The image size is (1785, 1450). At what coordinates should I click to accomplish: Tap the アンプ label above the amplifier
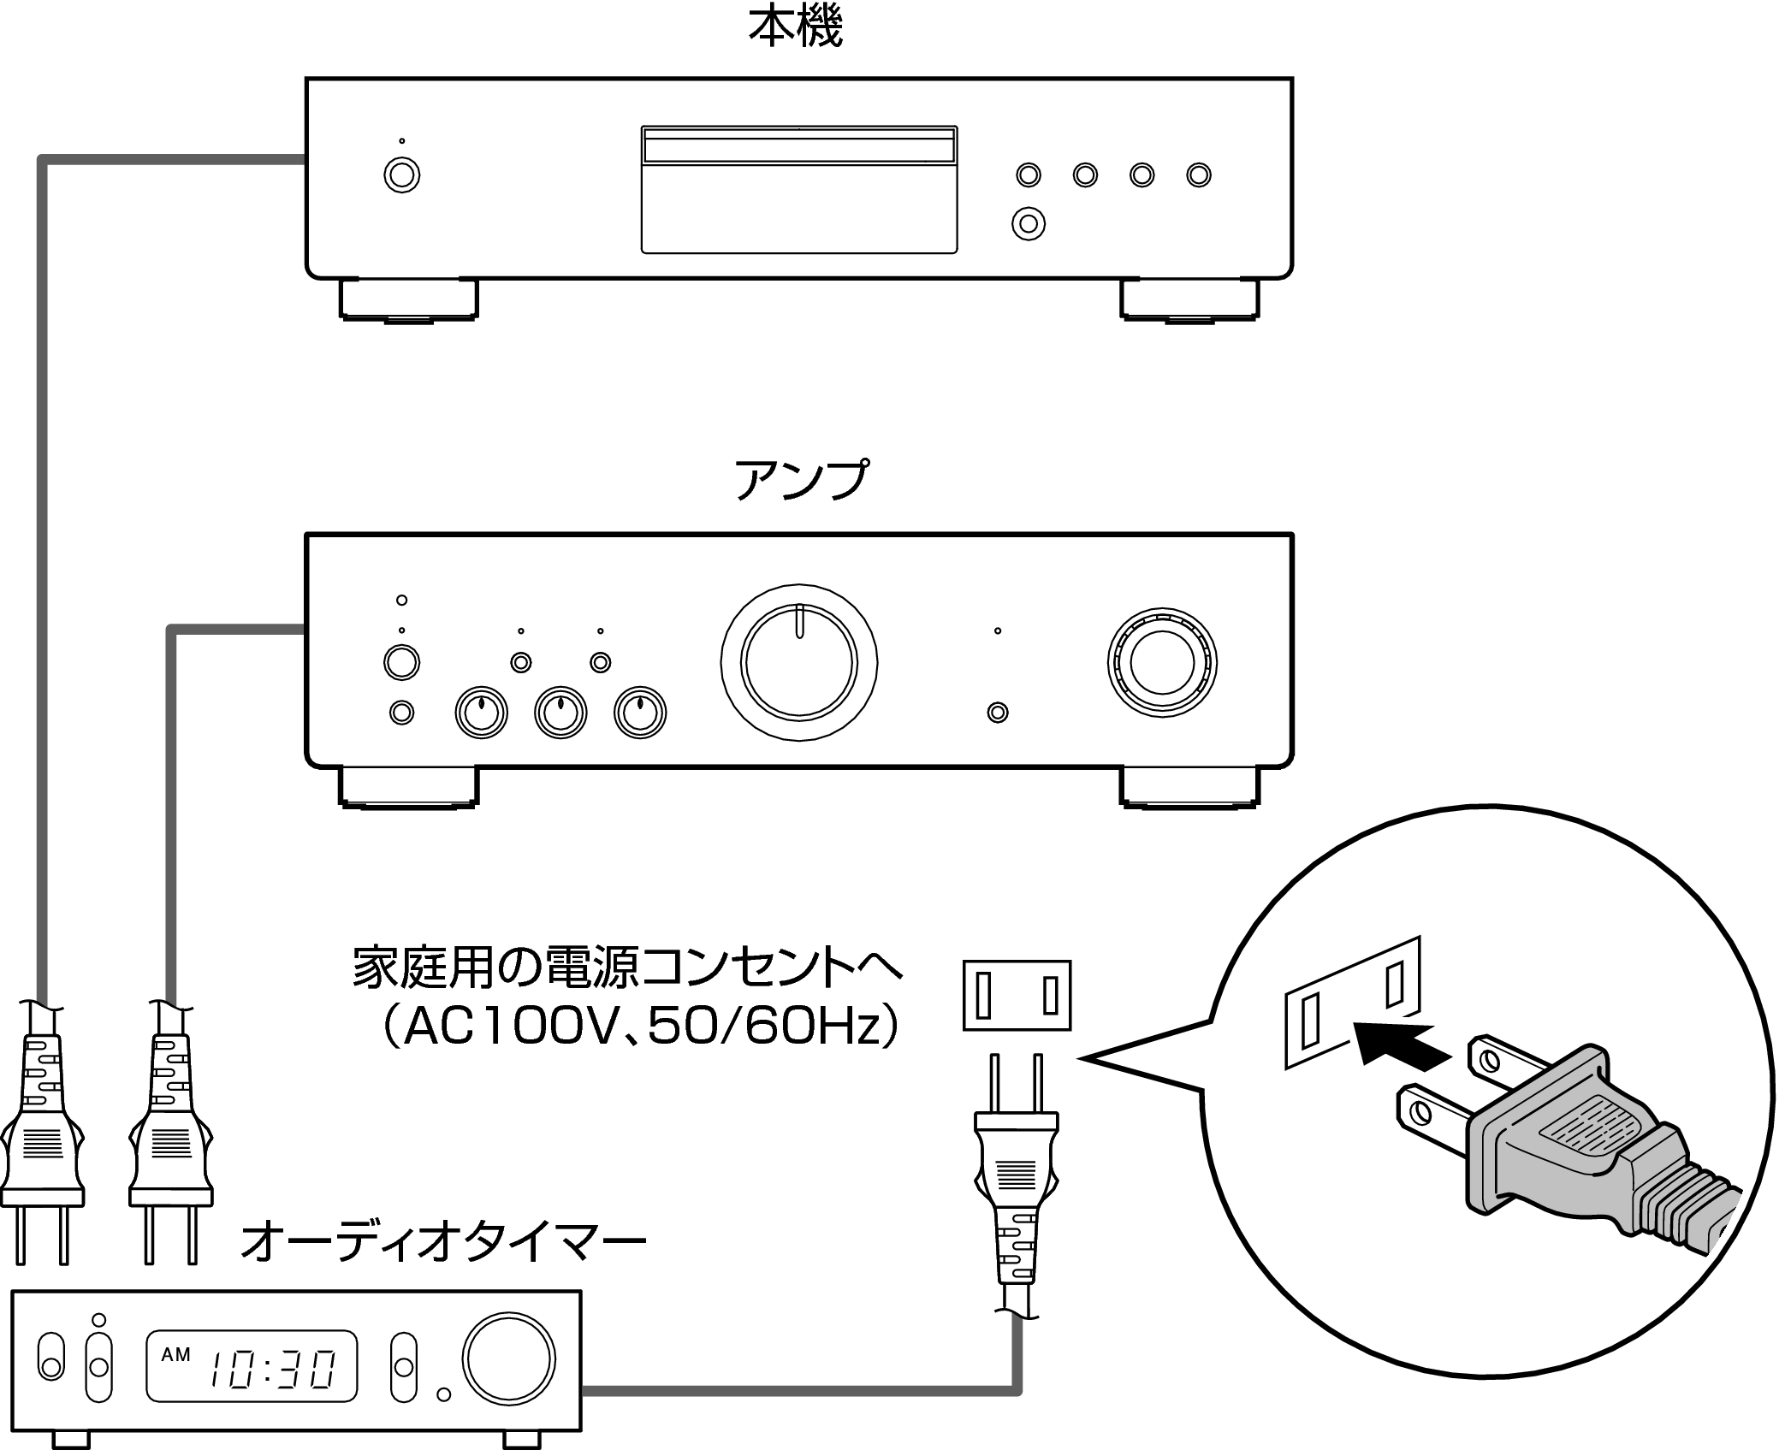(x=800, y=480)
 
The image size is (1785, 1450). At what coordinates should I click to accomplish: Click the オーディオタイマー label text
(x=442, y=1244)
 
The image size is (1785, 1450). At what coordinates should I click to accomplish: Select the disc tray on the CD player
(x=798, y=190)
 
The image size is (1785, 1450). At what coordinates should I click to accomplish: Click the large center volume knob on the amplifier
(x=798, y=662)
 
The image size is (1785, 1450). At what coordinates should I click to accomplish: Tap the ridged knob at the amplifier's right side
(x=1161, y=662)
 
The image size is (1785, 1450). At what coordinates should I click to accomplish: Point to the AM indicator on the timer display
(x=176, y=1353)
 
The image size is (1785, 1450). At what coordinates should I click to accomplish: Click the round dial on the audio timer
(x=508, y=1358)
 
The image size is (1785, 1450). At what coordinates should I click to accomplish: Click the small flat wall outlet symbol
(x=1017, y=995)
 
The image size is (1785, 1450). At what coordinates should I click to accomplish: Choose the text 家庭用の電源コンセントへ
(x=627, y=968)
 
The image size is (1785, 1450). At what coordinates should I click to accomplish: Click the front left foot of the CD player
(x=408, y=299)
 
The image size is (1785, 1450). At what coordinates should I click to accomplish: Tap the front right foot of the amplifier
(x=1189, y=786)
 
